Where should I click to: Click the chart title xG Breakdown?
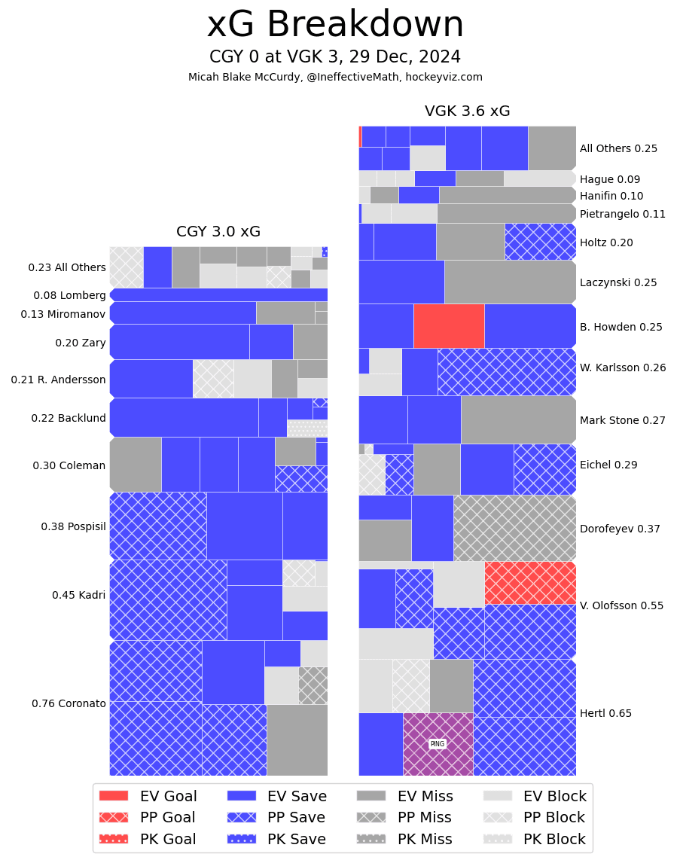click(x=335, y=25)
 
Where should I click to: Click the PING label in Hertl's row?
click(x=437, y=744)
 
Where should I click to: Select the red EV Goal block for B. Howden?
click(x=449, y=325)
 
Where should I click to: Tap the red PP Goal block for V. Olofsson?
click(x=530, y=583)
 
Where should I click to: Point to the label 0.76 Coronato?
click(x=69, y=703)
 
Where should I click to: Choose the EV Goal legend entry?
click(x=148, y=796)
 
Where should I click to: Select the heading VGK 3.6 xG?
click(x=467, y=111)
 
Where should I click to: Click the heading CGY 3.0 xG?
click(x=218, y=232)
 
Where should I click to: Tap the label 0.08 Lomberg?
click(x=69, y=295)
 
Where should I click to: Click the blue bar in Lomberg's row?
click(x=218, y=294)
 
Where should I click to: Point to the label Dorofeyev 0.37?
click(x=620, y=529)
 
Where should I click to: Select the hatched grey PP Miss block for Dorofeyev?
click(x=514, y=528)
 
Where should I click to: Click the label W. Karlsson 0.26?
click(x=623, y=368)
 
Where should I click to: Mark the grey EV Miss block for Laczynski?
click(x=510, y=282)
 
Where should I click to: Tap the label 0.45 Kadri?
click(x=78, y=595)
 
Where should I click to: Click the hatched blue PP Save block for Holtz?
click(x=540, y=242)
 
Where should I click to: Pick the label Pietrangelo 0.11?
click(x=623, y=214)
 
